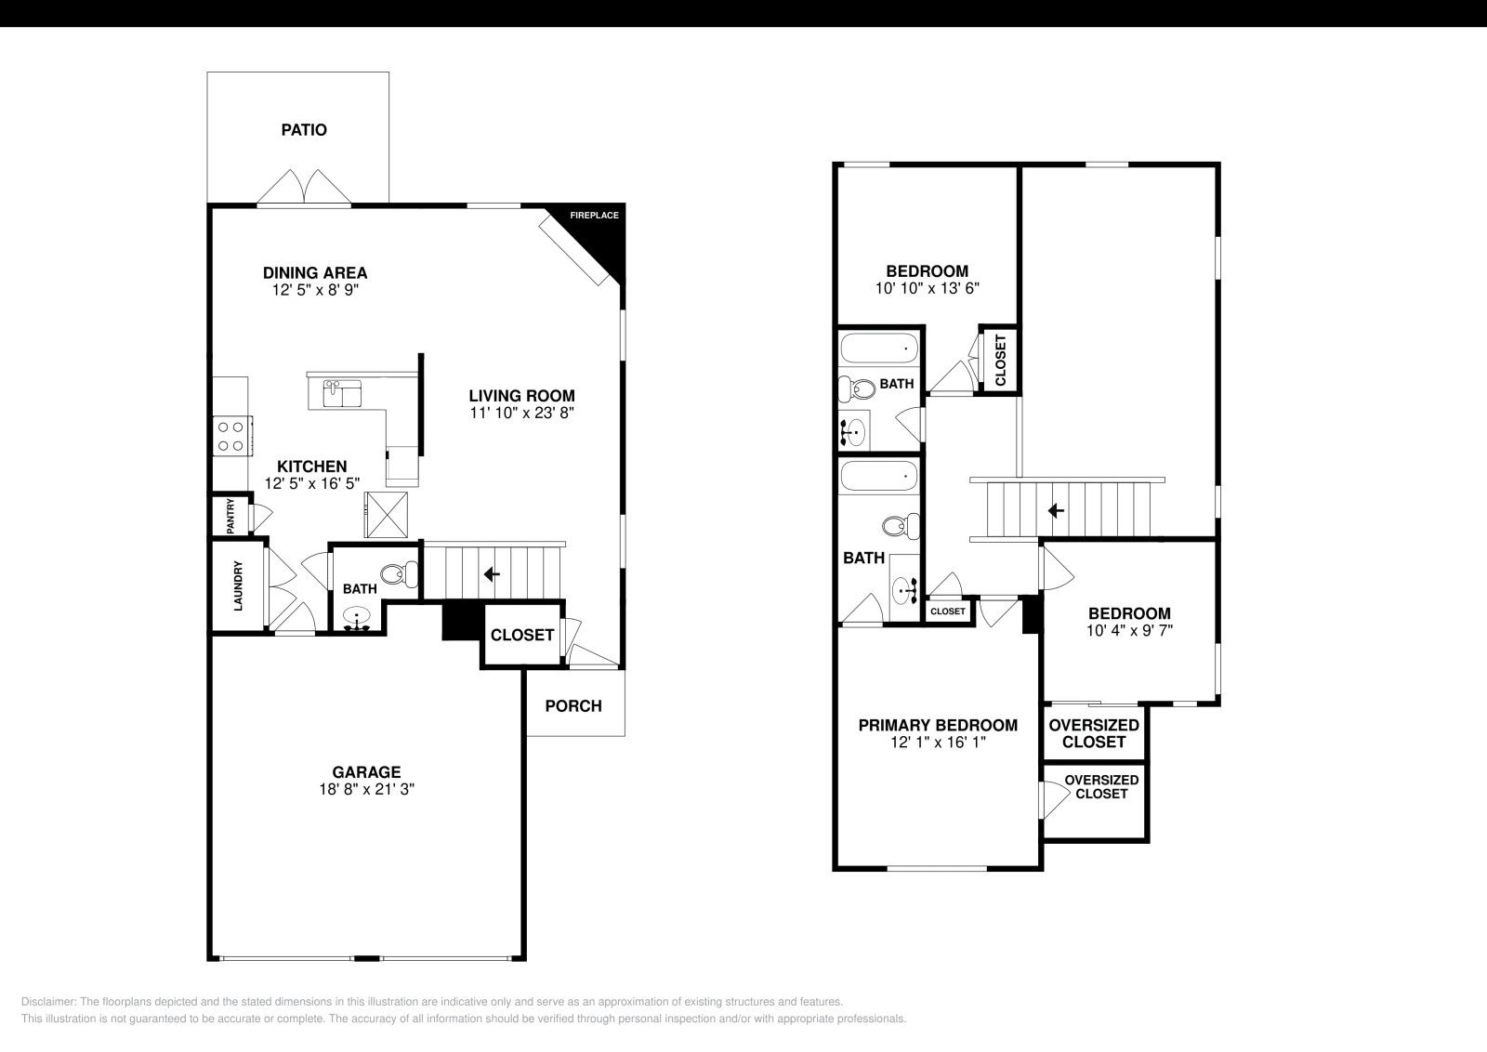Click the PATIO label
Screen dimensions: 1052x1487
(x=304, y=130)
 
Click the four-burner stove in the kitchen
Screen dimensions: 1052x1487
(x=230, y=437)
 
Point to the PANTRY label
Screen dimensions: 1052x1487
(x=230, y=517)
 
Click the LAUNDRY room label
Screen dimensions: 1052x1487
(x=238, y=585)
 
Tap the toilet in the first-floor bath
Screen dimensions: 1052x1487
(x=402, y=575)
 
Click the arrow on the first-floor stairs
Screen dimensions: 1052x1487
(x=492, y=574)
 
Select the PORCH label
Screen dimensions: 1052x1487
(x=573, y=706)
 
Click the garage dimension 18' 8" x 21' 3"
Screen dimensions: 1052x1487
(x=366, y=790)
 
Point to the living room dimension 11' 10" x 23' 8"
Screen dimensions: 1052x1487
(x=521, y=413)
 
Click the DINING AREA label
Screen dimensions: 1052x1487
(x=315, y=273)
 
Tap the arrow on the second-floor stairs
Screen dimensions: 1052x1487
(x=1056, y=510)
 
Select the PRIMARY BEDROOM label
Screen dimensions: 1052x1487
(x=938, y=726)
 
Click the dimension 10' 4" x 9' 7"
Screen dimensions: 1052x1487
(x=1129, y=630)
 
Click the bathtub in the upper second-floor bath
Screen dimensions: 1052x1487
(x=878, y=349)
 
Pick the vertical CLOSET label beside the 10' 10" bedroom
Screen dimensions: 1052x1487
(x=1000, y=360)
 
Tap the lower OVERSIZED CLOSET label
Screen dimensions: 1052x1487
(x=1101, y=787)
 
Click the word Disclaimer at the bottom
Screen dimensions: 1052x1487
(x=47, y=1002)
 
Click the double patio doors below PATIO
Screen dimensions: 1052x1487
(x=304, y=188)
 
